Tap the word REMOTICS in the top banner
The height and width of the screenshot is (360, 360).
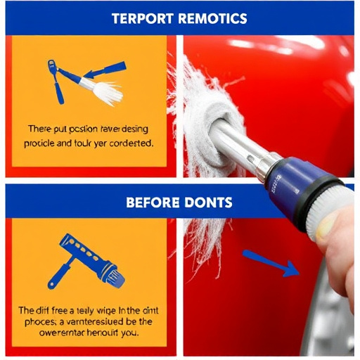[x=212, y=18]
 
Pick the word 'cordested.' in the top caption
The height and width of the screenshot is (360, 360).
[x=127, y=143]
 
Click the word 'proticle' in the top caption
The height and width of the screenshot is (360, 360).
[x=43, y=143]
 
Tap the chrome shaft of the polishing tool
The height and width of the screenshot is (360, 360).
[x=236, y=144]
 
